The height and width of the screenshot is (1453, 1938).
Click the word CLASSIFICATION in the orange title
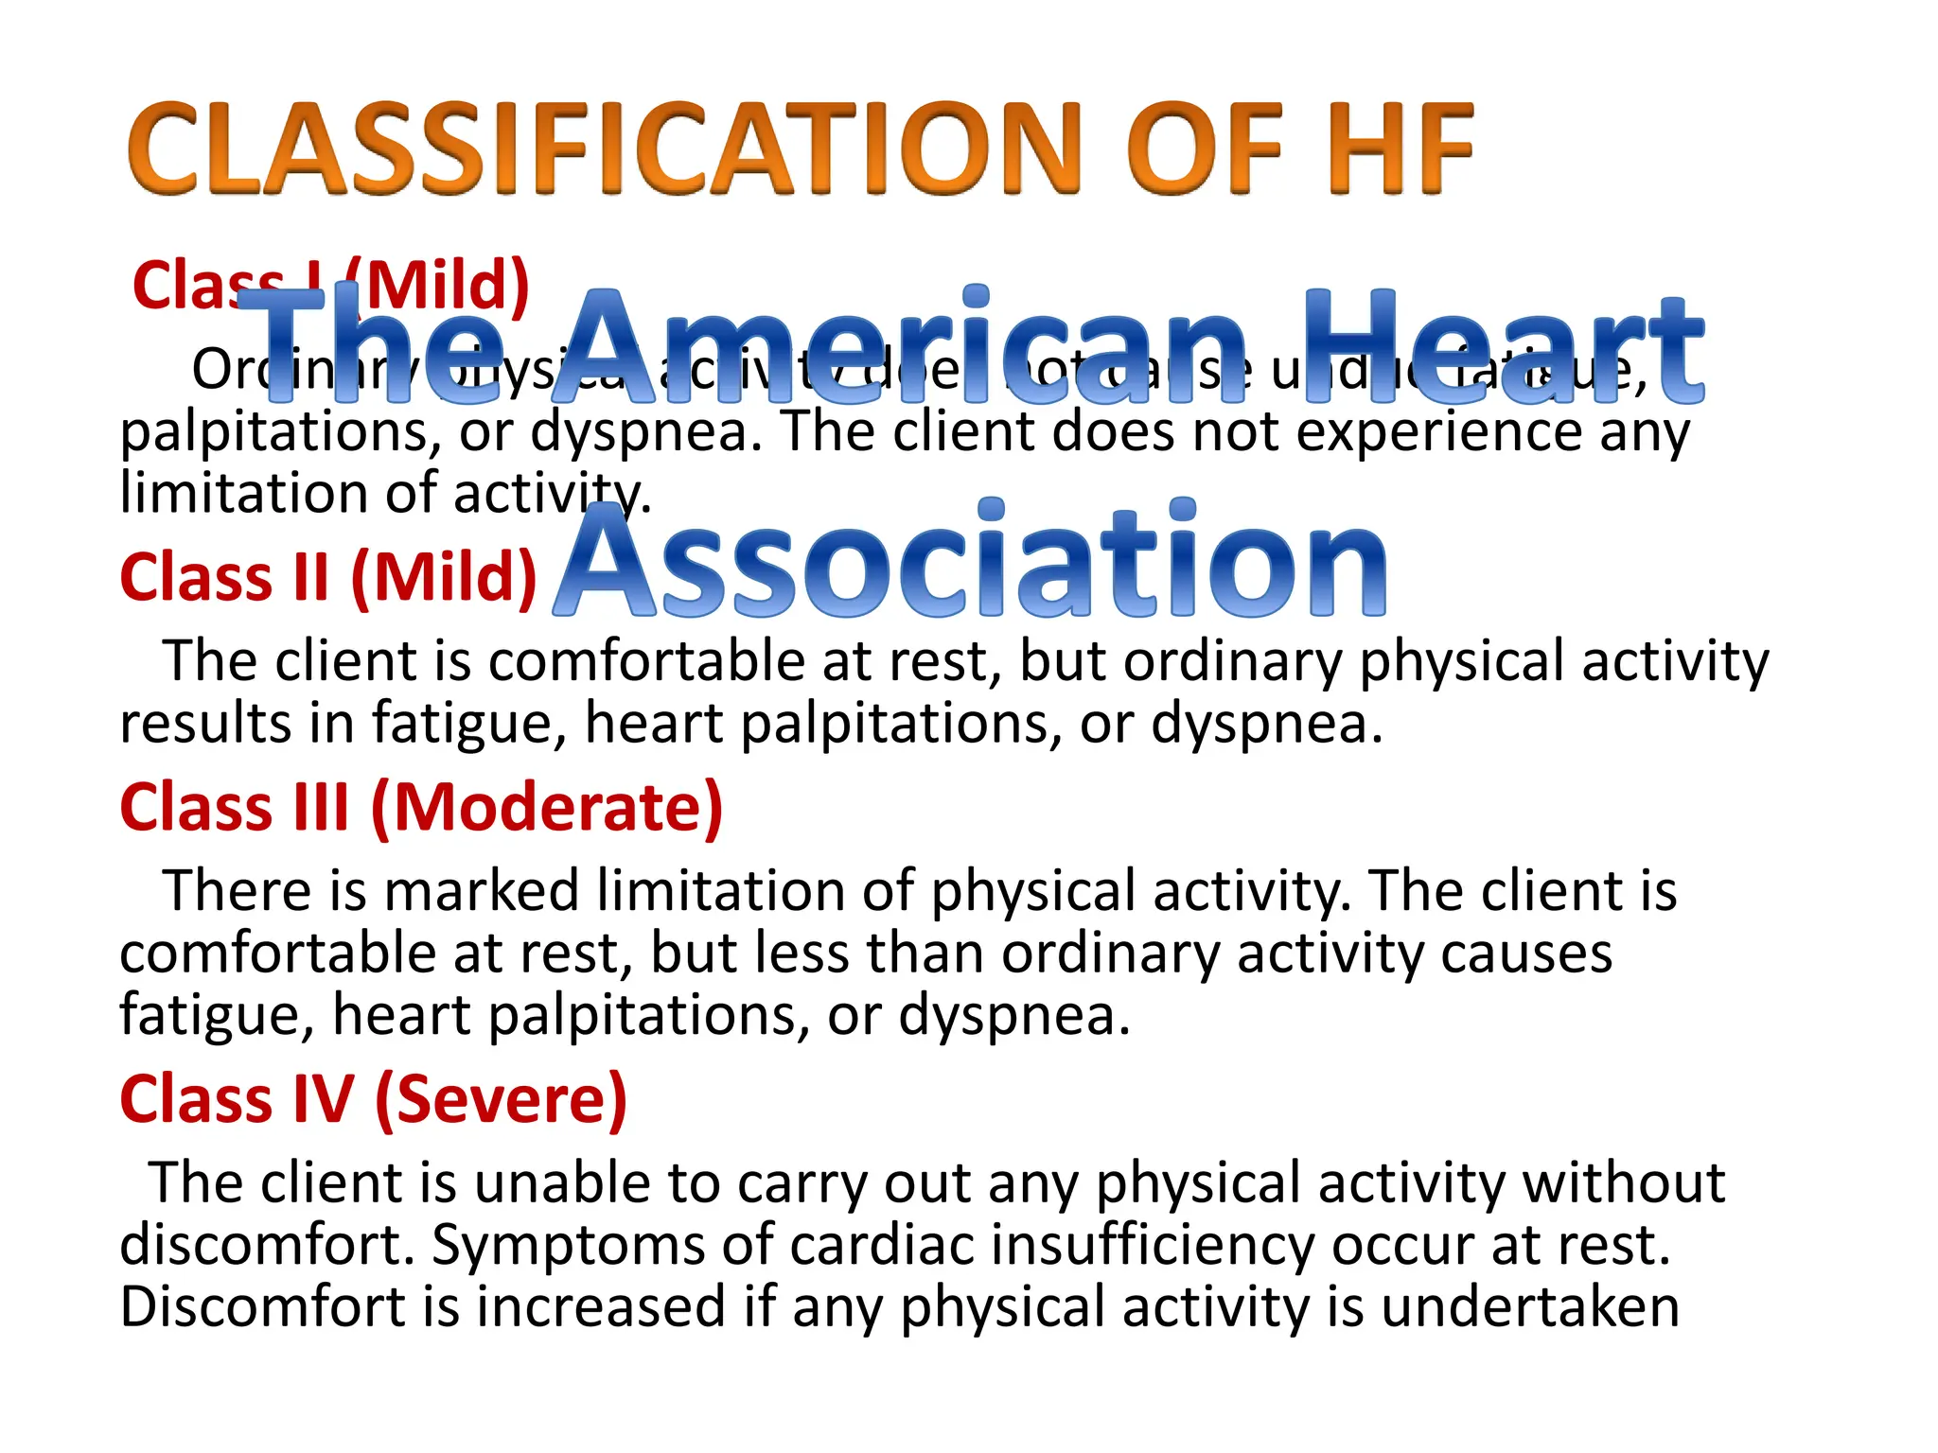point(606,149)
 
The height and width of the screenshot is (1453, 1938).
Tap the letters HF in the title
point(1400,149)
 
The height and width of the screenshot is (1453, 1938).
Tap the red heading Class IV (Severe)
point(374,1098)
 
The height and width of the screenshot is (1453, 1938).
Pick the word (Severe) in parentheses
point(501,1098)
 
